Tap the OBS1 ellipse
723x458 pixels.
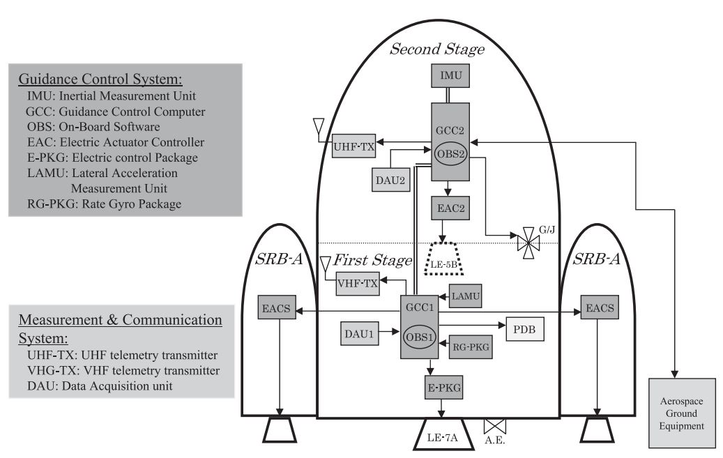(421, 336)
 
